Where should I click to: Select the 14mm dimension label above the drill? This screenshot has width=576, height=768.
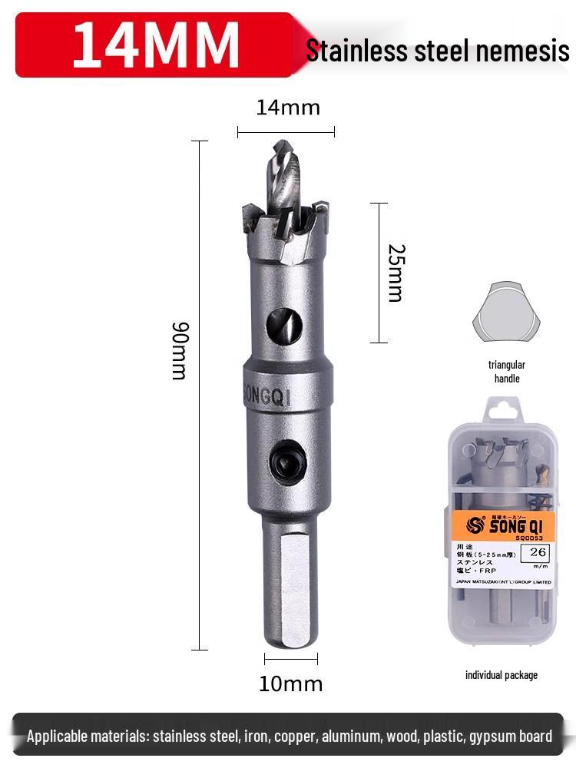[287, 108]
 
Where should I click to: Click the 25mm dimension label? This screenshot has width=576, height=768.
[395, 273]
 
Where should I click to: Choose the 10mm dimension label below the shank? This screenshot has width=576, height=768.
[290, 684]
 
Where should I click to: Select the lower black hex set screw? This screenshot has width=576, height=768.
[287, 462]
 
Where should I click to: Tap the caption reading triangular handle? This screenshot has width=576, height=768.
[507, 372]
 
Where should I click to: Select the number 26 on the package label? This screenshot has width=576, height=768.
[538, 551]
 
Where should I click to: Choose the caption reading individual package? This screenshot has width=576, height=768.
[502, 675]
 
